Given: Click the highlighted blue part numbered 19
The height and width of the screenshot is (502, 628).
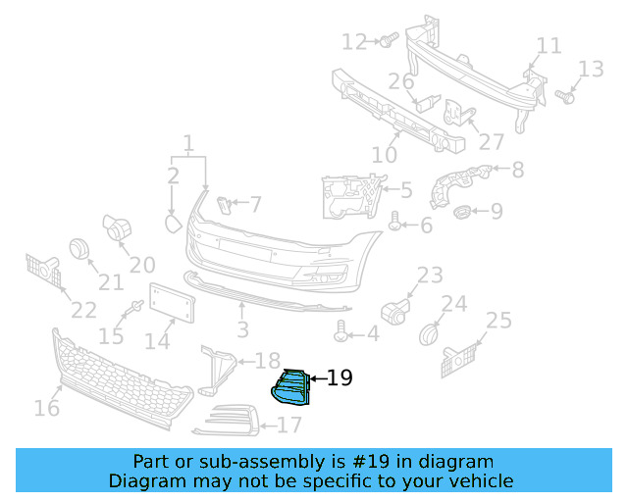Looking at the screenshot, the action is (x=290, y=388).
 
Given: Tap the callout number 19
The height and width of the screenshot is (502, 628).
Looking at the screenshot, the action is (x=339, y=377).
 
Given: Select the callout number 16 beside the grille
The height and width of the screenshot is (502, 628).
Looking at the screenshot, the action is (x=46, y=407).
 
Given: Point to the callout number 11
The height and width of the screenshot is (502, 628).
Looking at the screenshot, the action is (x=549, y=46).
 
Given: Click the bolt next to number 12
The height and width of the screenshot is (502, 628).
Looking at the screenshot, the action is (x=387, y=40).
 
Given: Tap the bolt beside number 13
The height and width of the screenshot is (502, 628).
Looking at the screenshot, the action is (x=564, y=97).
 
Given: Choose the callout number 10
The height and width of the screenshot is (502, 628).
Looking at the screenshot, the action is (x=385, y=154).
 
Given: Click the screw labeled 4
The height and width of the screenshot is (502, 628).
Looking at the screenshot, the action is (x=341, y=333).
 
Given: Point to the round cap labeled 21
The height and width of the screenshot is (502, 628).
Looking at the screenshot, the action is (x=78, y=249).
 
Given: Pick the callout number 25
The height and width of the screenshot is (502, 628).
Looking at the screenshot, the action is (x=498, y=320).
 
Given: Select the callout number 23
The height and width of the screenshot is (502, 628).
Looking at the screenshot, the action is (x=431, y=276).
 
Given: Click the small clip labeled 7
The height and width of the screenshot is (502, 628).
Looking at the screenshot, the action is (x=224, y=204).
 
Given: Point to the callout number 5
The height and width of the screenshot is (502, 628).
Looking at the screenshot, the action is (x=405, y=190).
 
